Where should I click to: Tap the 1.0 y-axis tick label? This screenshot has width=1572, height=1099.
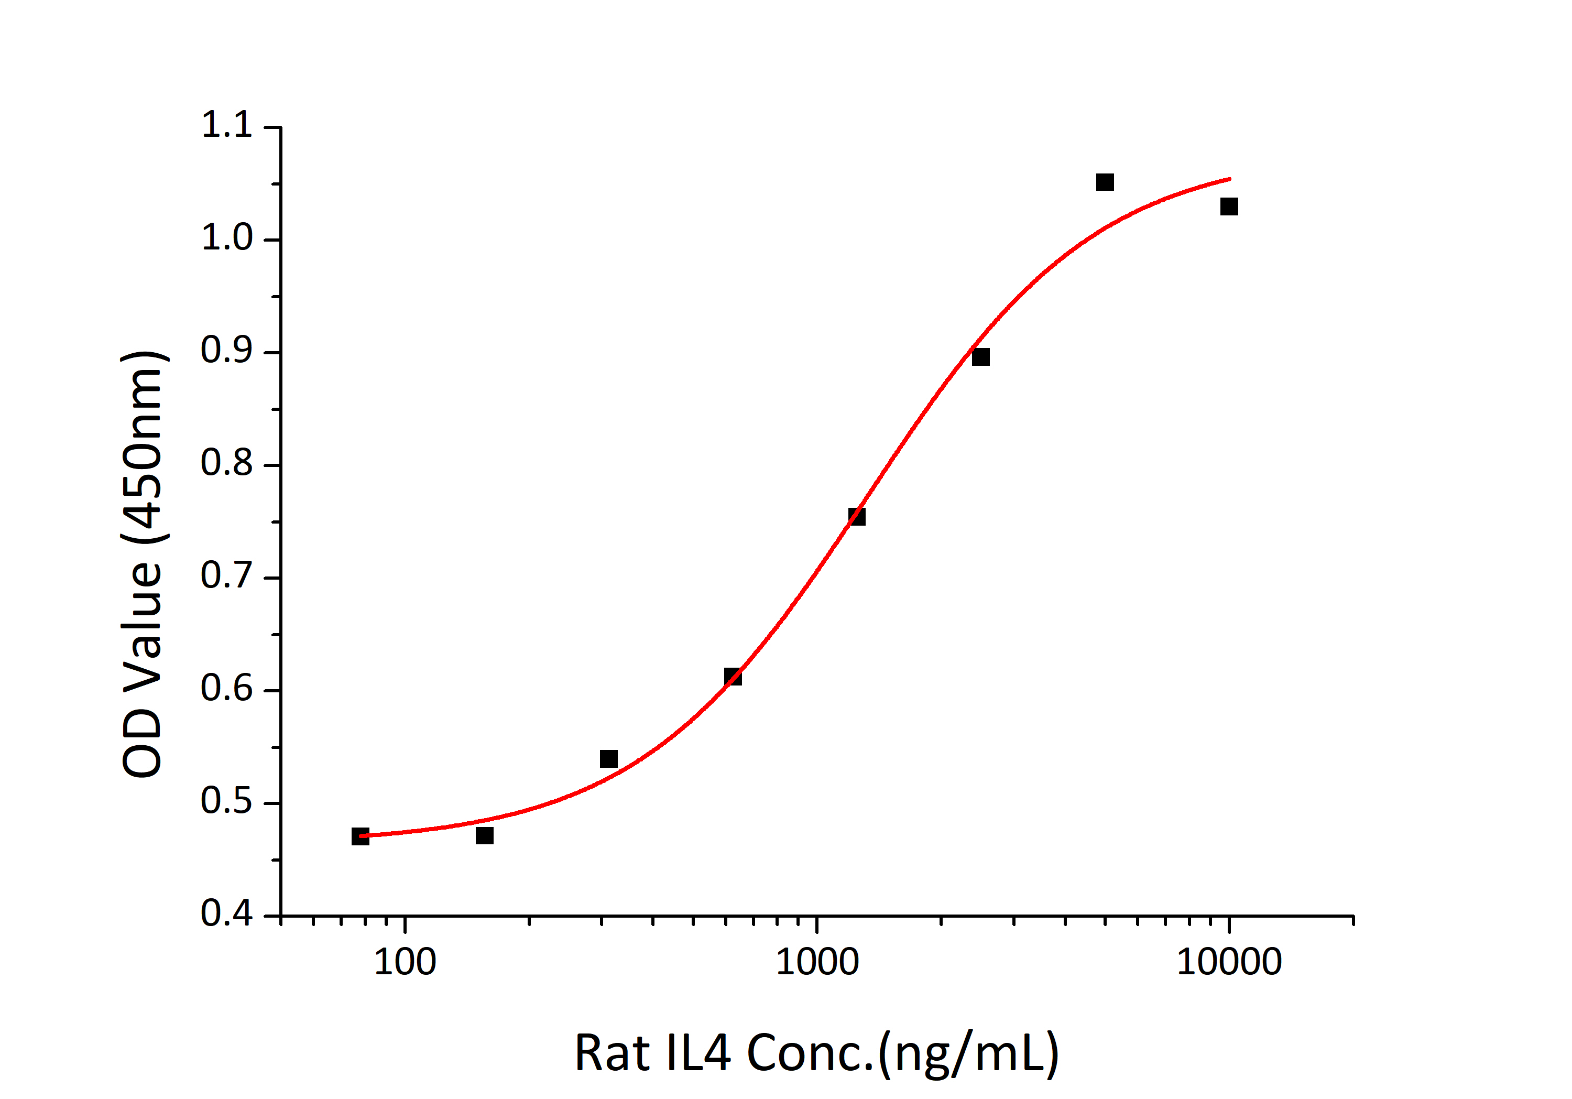226,239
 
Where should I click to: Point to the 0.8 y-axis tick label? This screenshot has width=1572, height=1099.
226,464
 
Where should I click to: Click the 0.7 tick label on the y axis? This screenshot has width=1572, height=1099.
226,576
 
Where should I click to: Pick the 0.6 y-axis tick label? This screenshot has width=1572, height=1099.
226,690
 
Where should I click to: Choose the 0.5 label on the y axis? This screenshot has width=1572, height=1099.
226,802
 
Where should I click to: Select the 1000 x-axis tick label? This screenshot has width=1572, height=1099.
817,963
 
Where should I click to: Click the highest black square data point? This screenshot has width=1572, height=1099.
1105,182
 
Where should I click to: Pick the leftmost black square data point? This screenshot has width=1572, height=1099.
360,836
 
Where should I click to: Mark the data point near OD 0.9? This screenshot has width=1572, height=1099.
980,357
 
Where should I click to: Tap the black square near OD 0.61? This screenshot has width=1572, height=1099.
733,677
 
